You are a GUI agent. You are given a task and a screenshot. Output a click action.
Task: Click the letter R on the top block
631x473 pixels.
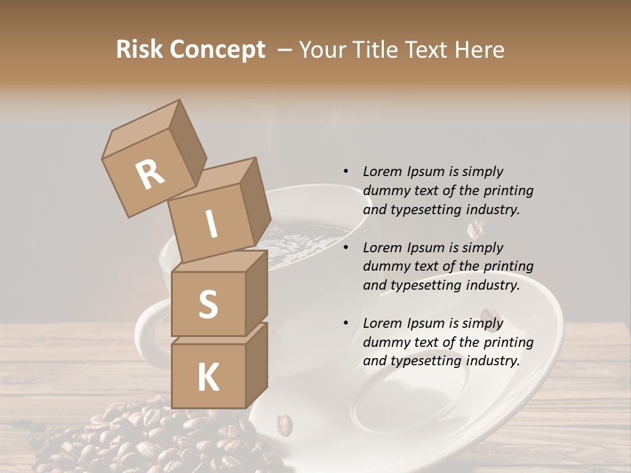(x=150, y=174)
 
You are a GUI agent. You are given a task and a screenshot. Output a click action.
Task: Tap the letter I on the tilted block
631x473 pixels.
(x=212, y=224)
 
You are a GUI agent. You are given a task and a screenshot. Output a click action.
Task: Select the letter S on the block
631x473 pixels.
(x=208, y=304)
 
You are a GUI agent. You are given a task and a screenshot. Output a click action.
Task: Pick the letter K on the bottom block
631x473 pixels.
(x=208, y=377)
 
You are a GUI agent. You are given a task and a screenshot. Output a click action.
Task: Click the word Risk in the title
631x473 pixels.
(x=139, y=49)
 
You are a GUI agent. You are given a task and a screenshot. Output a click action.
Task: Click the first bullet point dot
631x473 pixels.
(x=346, y=171)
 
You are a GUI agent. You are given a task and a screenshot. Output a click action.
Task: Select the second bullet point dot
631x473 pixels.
(x=346, y=248)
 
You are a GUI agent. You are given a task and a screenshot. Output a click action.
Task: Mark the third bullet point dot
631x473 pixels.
(x=346, y=323)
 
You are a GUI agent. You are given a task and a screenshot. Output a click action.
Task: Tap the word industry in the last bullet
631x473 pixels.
(x=492, y=361)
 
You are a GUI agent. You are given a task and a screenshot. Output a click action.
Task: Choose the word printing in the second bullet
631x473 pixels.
(x=507, y=266)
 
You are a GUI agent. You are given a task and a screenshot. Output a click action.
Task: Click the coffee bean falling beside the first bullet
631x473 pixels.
(x=475, y=229)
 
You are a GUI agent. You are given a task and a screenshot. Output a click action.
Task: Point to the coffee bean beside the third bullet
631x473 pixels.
(x=488, y=319)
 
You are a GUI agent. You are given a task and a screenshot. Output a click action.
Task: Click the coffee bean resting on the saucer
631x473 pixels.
(x=284, y=424)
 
